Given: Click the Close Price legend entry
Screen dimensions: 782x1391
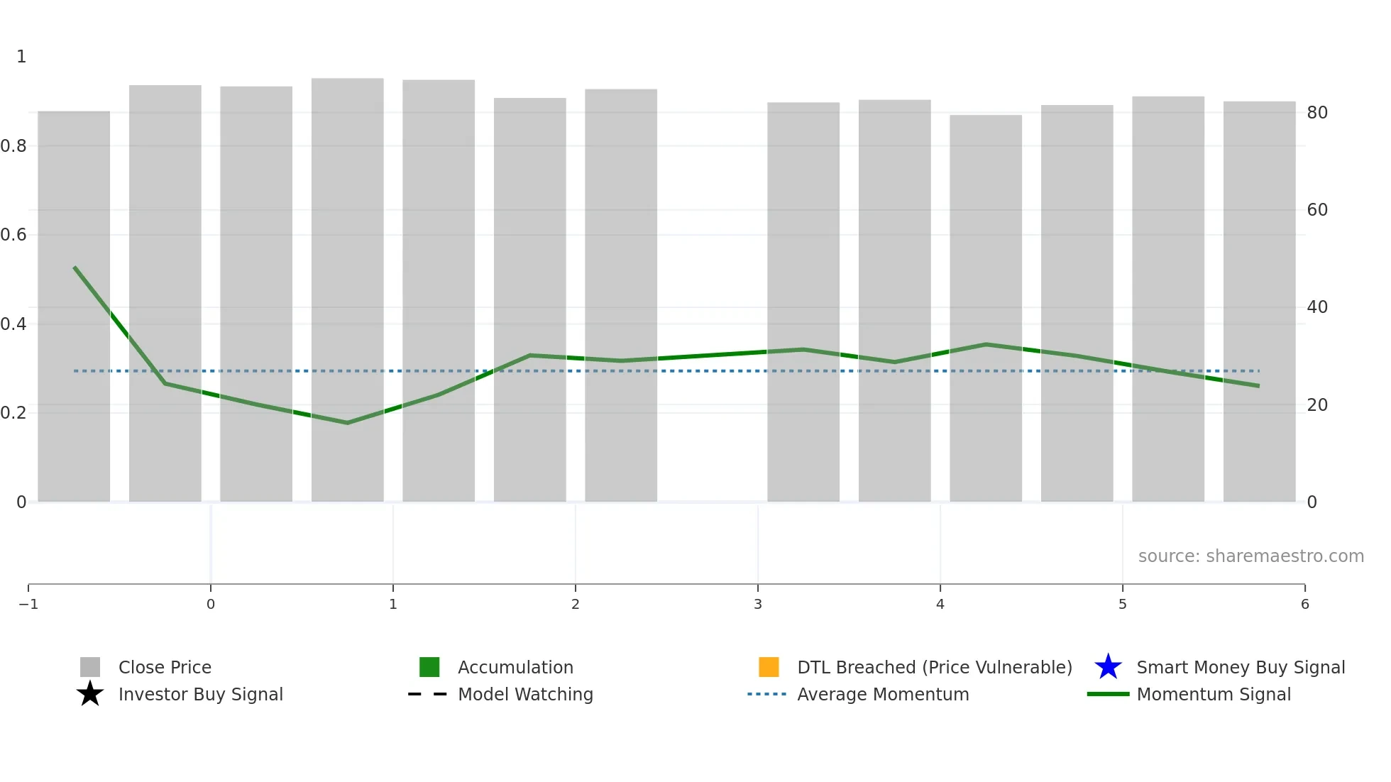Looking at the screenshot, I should (164, 667).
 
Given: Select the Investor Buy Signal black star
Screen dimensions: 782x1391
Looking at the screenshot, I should (90, 694).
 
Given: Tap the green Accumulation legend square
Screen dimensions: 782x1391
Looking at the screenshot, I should (429, 667).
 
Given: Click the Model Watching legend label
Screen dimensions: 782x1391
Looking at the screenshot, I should (525, 694).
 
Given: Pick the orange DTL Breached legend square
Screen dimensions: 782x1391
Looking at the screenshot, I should (769, 667).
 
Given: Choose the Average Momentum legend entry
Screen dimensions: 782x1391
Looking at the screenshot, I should (882, 694).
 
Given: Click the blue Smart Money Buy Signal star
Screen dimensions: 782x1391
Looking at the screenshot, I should (1108, 667).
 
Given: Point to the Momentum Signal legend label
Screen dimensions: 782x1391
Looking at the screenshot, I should (1214, 694).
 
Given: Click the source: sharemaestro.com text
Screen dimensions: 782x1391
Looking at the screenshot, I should (1250, 556).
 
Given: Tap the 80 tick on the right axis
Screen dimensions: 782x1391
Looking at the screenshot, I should (1317, 113).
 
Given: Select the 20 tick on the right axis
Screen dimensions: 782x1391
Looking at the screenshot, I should (1317, 405).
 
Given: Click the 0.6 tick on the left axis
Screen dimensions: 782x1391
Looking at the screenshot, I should (13, 235).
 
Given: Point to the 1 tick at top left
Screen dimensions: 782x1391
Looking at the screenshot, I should (21, 57).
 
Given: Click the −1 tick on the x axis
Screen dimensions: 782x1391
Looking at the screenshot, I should (28, 604).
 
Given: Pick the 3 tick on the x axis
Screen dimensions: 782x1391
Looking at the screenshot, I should (758, 604).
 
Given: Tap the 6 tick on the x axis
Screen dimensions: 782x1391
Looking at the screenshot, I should (1304, 604).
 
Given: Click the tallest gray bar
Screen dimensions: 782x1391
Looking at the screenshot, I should (347, 284).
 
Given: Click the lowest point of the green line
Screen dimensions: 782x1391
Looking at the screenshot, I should (347, 423).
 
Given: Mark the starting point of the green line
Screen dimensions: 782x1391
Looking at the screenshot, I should (75, 268).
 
